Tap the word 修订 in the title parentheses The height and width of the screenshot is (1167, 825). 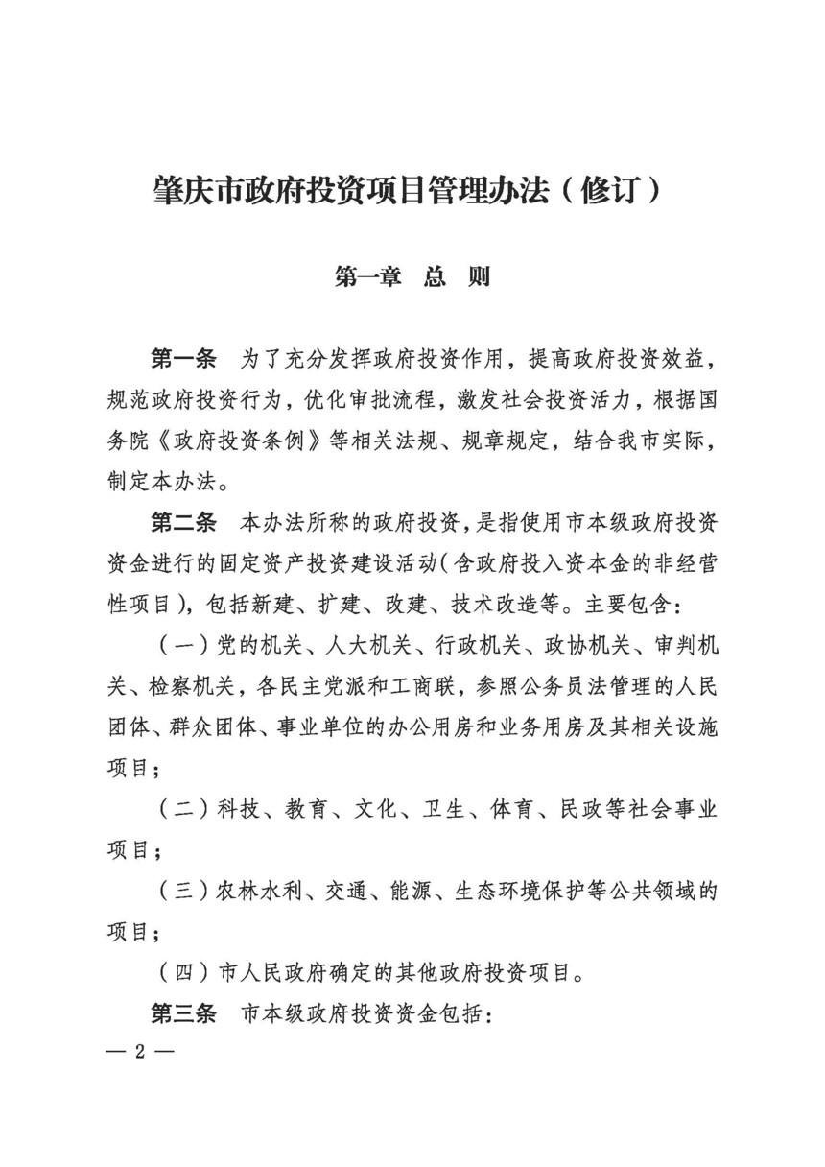click(609, 189)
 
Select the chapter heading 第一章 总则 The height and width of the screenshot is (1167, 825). click(412, 276)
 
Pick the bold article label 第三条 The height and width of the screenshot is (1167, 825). click(184, 1014)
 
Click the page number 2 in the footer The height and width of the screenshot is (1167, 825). click(139, 1052)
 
